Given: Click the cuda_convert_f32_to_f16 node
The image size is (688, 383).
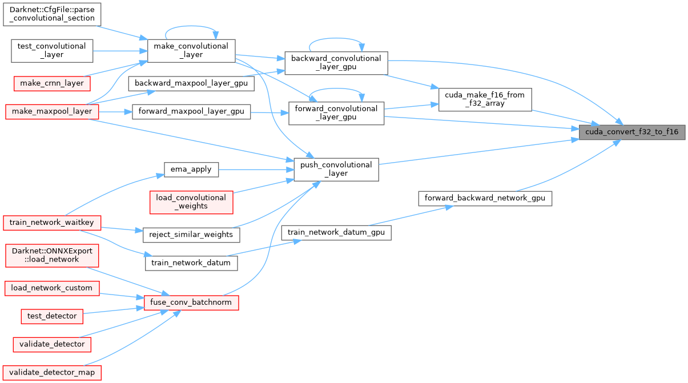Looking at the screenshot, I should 631,132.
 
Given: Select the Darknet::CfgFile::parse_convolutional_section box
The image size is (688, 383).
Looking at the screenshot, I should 52,14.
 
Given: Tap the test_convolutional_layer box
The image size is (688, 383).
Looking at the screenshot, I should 52,50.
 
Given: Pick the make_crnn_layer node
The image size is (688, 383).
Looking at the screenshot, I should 52,83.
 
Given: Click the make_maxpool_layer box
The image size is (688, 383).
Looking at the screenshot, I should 52,111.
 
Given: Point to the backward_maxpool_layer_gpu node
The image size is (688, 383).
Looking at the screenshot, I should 191,83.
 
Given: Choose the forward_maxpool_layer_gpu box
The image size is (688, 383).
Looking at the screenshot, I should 191,111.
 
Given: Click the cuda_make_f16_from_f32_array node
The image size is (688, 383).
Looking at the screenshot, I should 484,99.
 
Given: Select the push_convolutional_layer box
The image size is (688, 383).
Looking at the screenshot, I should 336,169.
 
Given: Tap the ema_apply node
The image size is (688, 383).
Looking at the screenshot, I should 191,169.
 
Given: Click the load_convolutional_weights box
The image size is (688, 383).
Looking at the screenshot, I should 191,202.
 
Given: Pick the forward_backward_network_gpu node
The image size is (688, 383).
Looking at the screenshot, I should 485,199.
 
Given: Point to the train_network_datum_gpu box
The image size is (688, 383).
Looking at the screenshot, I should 336,232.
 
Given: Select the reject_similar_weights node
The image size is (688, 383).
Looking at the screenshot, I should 191,234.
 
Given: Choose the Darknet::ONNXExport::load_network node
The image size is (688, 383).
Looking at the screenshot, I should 52,255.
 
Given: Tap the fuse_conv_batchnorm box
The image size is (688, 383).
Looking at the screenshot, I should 191,303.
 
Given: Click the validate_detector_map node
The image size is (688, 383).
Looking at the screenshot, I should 52,372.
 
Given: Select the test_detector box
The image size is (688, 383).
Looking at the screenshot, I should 52,315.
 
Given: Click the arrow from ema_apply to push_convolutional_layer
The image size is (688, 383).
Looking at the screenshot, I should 254,169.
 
